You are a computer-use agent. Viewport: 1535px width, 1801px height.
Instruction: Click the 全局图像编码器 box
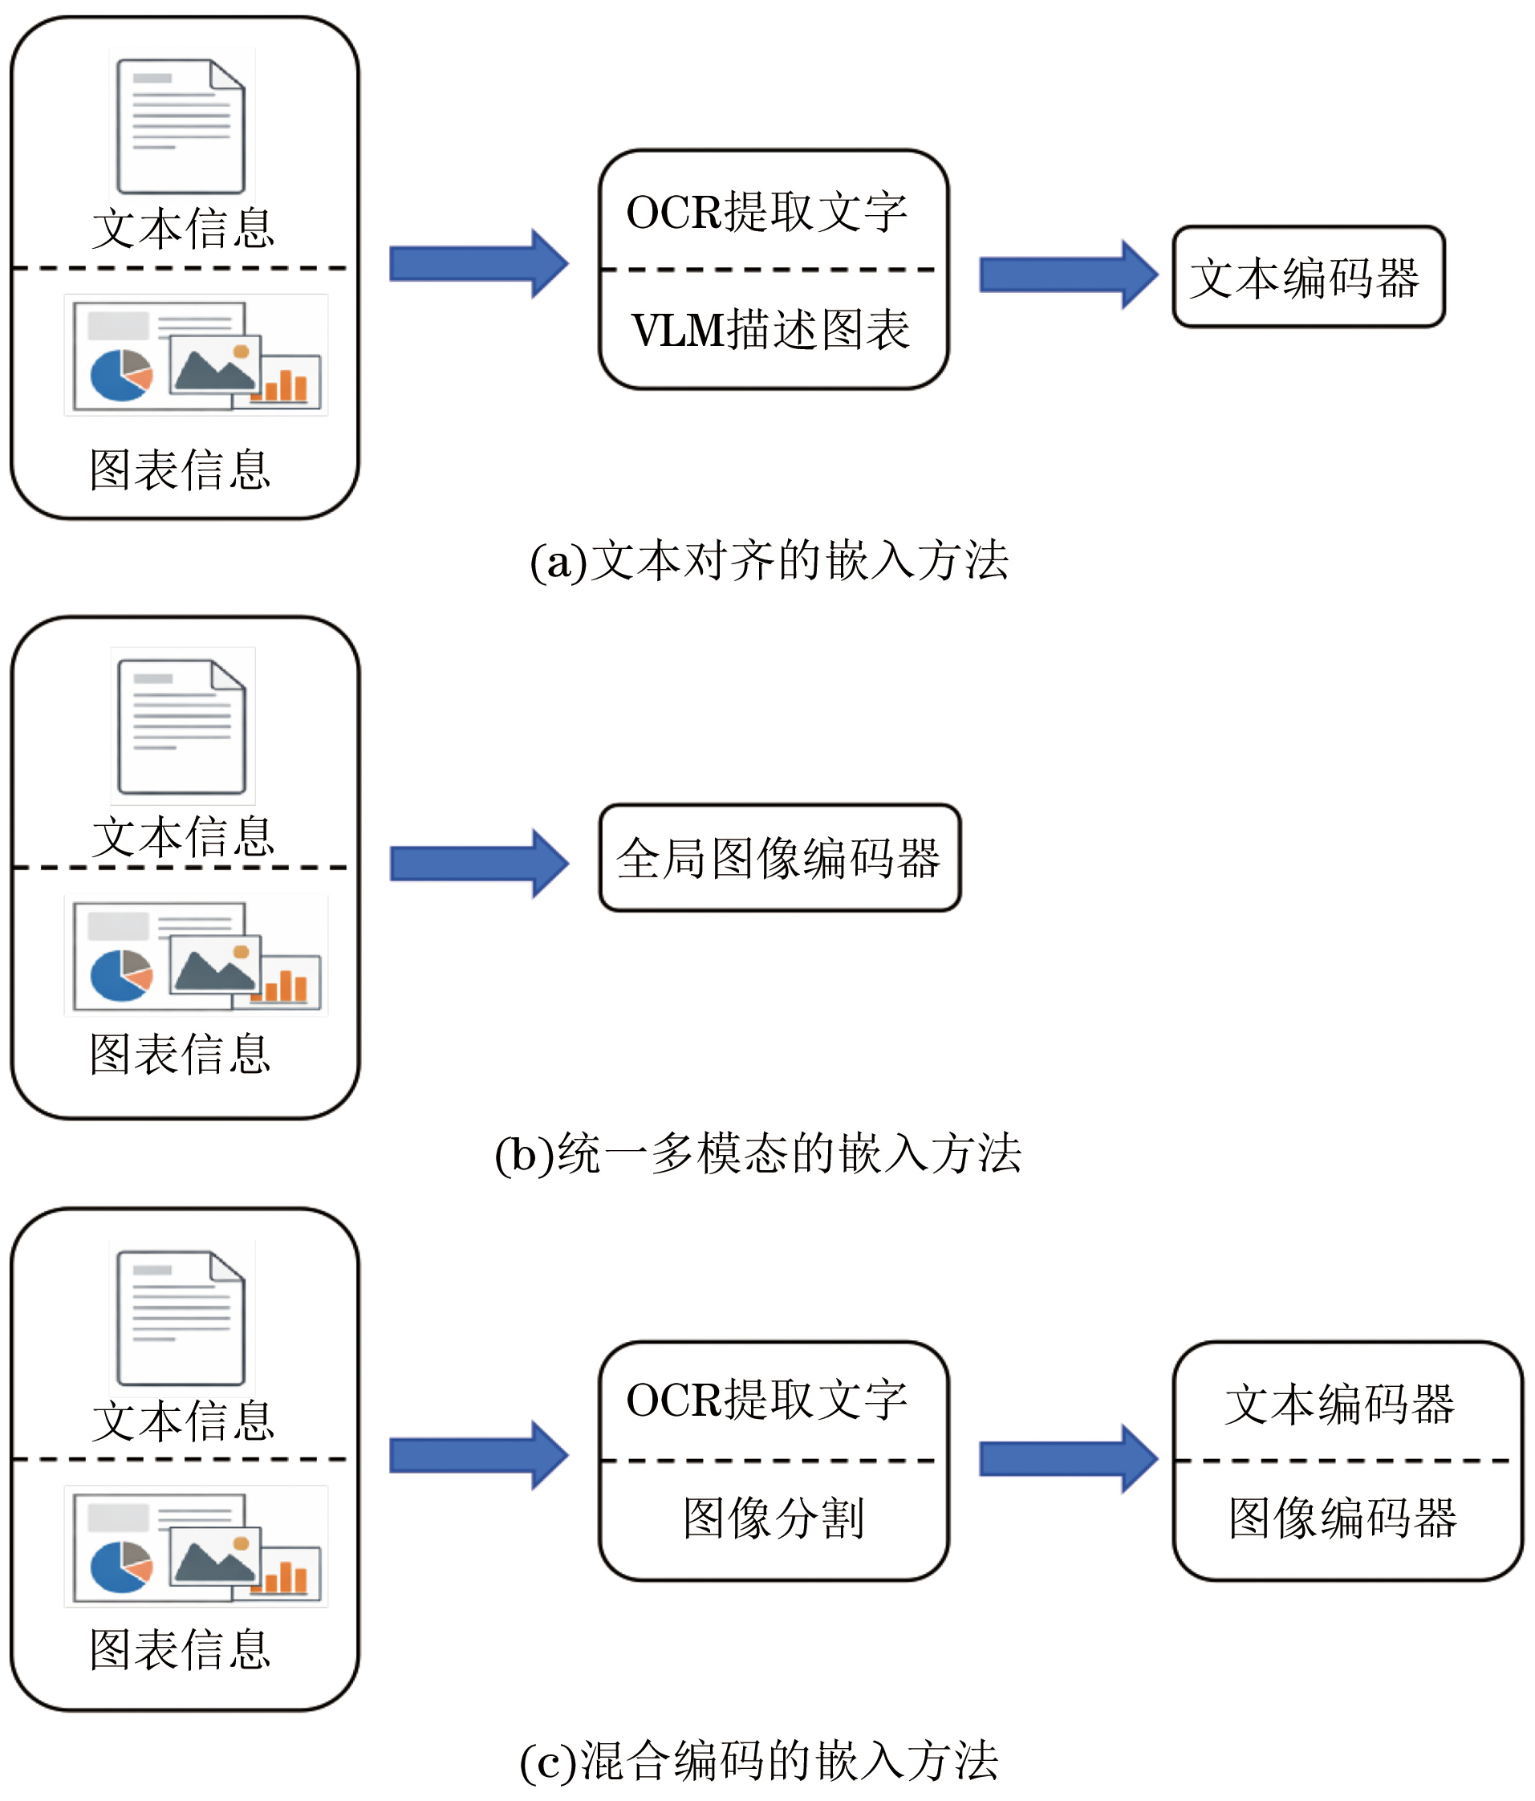coord(779,858)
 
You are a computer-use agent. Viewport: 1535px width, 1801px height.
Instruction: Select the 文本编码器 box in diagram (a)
coord(1307,277)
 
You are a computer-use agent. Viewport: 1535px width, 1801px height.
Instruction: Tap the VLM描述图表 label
coord(771,331)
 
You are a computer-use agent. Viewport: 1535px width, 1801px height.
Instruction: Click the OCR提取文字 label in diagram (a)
coord(766,212)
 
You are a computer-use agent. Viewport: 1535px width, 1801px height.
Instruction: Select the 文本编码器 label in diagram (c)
coord(1339,1404)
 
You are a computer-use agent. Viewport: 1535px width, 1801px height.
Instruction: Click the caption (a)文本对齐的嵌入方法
coord(770,561)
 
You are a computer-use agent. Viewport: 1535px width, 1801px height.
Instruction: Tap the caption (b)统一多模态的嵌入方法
coord(758,1153)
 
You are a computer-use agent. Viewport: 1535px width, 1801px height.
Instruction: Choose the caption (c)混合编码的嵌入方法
coord(758,1760)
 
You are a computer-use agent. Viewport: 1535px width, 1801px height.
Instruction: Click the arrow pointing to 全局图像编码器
coord(479,863)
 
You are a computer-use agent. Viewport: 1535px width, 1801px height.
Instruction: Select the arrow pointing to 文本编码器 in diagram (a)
coord(1068,274)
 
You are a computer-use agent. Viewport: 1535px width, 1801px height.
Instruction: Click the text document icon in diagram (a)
coord(181,126)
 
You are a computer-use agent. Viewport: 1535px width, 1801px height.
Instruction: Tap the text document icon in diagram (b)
coord(181,726)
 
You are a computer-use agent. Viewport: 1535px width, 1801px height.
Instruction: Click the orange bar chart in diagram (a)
coord(285,383)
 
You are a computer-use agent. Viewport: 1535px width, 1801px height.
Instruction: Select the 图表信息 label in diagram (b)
coord(180,1055)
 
